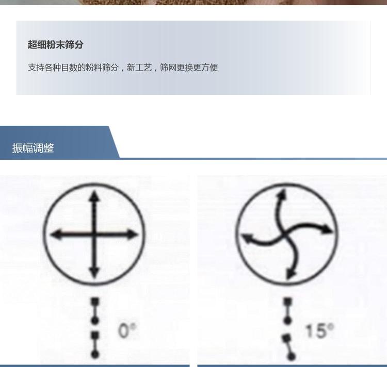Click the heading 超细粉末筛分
coord(56,45)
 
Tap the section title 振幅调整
coord(33,148)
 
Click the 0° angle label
coord(127,330)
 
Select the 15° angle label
coord(320,330)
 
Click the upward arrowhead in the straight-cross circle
coord(94,196)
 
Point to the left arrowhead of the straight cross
coord(56,234)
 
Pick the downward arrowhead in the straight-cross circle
coord(94,272)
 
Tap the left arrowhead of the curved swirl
coord(247,239)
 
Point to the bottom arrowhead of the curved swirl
coord(291,273)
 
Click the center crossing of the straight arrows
coord(94,234)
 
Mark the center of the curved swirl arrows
coord(286,234)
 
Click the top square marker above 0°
coord(95,302)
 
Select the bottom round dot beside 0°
coord(95,355)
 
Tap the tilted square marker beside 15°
coord(286,338)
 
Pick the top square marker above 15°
coord(287,302)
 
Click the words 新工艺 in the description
coord(139,68)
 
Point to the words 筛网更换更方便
coord(189,68)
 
